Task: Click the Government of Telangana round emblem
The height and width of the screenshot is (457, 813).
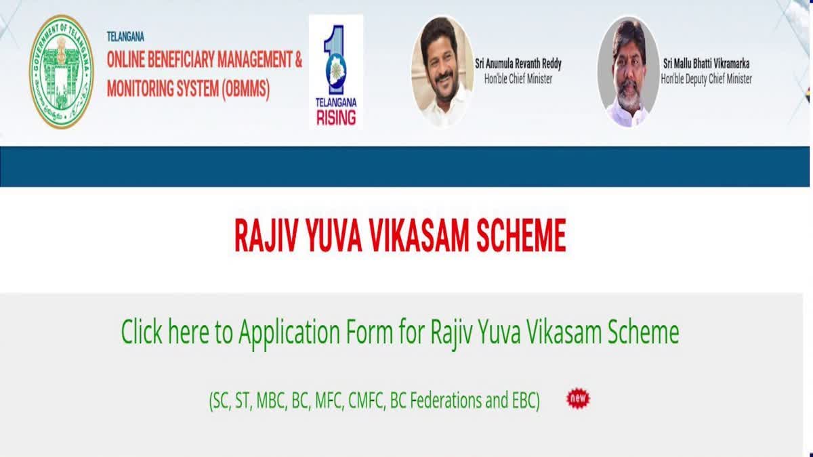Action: coord(61,71)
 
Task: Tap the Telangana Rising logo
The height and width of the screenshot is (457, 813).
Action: coord(335,72)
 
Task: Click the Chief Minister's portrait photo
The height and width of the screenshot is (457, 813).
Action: coord(442,71)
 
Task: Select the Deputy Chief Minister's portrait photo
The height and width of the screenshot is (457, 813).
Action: coord(628,71)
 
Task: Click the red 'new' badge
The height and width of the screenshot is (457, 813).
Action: coord(578,399)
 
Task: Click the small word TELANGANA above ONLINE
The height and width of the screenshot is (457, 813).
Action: coord(125,37)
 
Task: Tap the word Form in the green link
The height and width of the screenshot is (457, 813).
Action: coord(388,332)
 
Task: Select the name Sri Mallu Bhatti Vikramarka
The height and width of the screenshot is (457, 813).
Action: coord(707,64)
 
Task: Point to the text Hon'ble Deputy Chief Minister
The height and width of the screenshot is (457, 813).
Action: coord(707,79)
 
